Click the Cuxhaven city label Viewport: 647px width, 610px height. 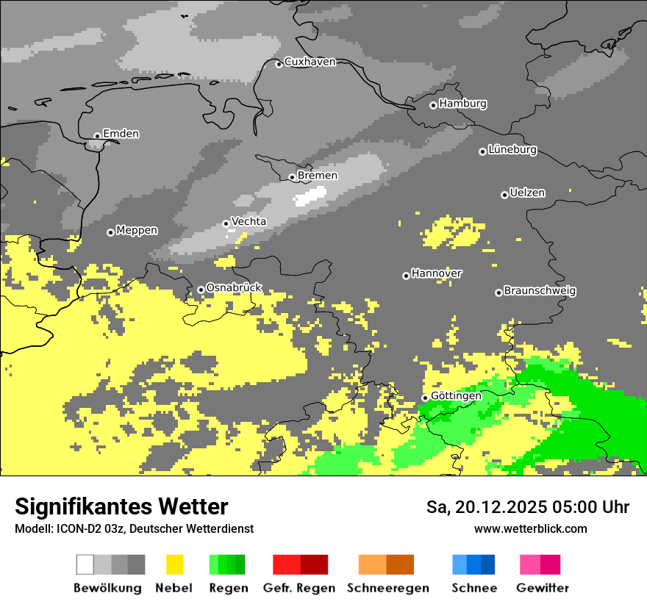pos(310,62)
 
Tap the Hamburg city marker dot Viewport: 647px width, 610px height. pos(433,105)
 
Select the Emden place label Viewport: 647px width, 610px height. pos(121,134)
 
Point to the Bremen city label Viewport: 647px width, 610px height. pos(318,176)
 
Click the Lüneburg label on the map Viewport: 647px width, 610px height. pos(512,150)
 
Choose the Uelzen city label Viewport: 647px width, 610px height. pos(527,193)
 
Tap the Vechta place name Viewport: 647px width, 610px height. pos(249,221)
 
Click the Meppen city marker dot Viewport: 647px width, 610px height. pos(110,232)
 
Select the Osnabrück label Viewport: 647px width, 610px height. pos(234,288)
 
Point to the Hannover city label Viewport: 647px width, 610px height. pos(437,273)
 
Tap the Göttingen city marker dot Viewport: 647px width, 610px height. pos(424,398)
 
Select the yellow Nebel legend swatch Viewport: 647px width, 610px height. pos(175,564)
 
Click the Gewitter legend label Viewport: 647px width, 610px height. pos(543,588)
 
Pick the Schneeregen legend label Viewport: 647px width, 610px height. pos(388,588)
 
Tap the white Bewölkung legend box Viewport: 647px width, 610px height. pos(85,564)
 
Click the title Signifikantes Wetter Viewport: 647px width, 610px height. pos(121,506)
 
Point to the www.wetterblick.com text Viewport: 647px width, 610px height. pos(530,528)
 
